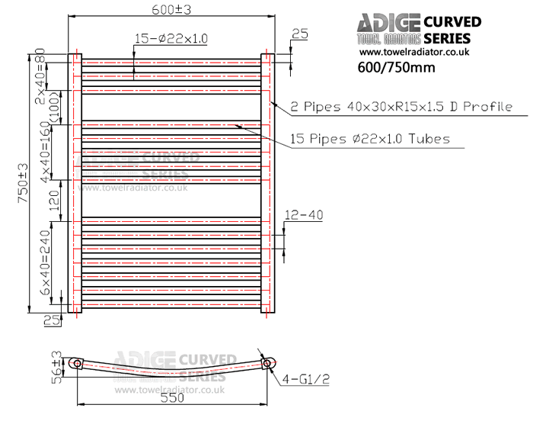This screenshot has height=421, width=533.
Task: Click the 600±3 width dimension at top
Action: tap(171, 8)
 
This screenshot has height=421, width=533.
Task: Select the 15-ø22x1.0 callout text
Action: tap(171, 37)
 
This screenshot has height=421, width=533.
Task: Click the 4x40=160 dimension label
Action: tap(46, 152)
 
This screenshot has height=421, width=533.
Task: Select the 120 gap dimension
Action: tap(54, 201)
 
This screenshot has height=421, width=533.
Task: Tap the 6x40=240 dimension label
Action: tap(46, 264)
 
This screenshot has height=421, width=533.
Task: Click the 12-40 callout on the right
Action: tap(304, 215)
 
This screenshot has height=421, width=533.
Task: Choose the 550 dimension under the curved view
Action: tap(172, 397)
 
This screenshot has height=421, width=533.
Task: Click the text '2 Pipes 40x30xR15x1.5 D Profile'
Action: tap(401, 107)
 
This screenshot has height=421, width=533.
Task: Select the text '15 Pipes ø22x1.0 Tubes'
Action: tap(370, 139)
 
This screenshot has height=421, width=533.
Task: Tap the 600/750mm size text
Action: tap(396, 67)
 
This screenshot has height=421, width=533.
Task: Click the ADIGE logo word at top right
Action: tap(388, 23)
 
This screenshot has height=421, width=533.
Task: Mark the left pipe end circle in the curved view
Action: tap(76, 364)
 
